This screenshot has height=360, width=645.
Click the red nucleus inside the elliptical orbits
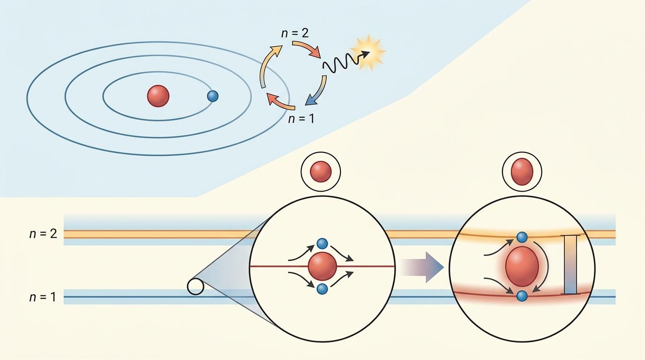[158, 96]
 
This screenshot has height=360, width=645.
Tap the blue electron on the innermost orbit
[213, 96]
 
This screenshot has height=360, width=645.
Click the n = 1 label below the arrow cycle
[300, 118]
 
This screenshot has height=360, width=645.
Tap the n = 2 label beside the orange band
[43, 233]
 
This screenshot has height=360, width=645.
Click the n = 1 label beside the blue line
[43, 297]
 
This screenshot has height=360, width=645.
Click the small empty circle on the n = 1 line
[195, 286]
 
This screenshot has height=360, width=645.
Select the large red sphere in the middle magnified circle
[322, 266]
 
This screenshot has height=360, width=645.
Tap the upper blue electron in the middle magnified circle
[322, 244]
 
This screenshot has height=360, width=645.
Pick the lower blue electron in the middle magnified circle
[322, 289]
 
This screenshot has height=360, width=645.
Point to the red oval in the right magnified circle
[522, 266]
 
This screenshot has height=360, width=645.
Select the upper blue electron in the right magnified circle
[522, 237]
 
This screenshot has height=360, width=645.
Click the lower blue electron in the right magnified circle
[522, 296]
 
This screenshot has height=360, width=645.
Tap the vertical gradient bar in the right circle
[570, 265]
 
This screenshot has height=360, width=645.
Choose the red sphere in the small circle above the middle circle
[321, 172]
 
